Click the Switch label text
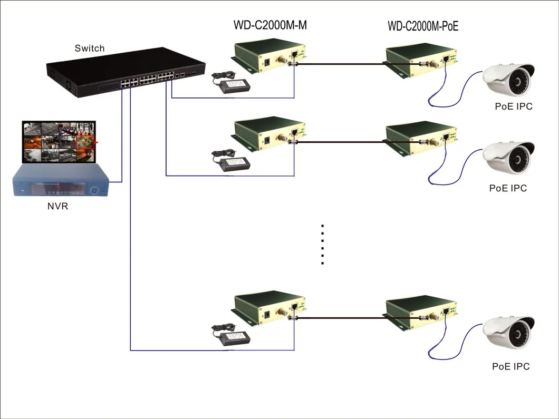[x=90, y=48]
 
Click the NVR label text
[x=58, y=206]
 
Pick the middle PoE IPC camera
[x=509, y=159]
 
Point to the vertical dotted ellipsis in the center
[x=322, y=244]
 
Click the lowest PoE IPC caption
[x=510, y=366]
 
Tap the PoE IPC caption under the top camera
[x=514, y=106]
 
